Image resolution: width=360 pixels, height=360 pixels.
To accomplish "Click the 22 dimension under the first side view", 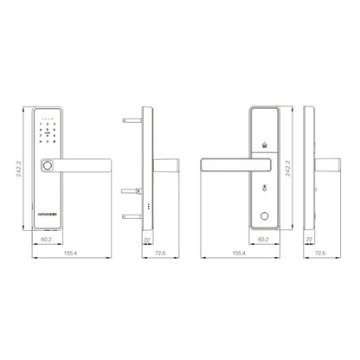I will (147, 241).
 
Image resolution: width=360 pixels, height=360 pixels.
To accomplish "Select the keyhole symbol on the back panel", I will (263, 187).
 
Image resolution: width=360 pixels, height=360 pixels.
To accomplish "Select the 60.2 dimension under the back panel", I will (263, 241).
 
